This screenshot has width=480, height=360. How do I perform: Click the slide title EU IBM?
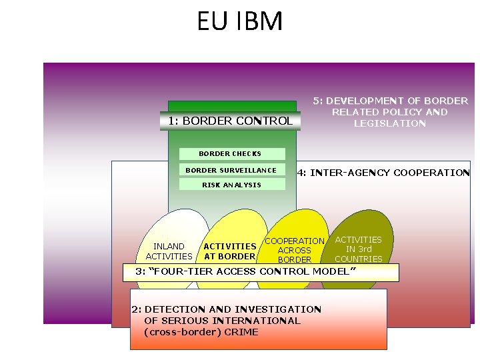[240, 21]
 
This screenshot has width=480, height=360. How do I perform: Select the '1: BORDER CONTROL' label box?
[230, 121]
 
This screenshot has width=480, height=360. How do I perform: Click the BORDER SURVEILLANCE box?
[231, 170]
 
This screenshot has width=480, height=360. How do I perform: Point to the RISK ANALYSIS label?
[231, 185]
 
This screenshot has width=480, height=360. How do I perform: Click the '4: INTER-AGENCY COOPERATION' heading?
[383, 173]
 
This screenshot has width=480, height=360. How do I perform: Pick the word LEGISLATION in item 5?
[390, 123]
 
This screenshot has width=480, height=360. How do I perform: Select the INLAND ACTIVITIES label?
[169, 251]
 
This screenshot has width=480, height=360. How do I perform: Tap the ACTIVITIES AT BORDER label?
[229, 251]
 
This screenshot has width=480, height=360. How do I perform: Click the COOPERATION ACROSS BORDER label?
[295, 250]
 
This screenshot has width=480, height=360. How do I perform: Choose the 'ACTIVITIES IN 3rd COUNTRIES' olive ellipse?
[359, 249]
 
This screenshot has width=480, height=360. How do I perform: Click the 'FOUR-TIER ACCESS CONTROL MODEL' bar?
[261, 272]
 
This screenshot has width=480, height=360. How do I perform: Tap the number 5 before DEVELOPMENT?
[316, 101]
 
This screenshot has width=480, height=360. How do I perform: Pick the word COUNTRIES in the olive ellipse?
[359, 259]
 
